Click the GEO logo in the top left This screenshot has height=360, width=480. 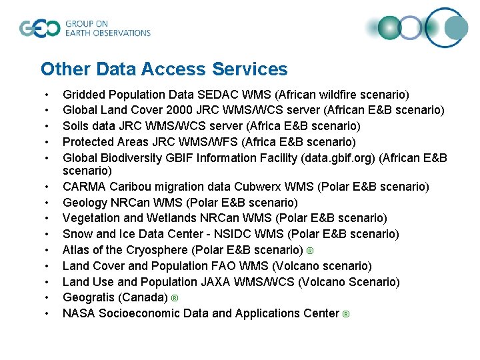41,28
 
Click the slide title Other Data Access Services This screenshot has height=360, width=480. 164,69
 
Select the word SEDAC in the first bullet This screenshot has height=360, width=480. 221,95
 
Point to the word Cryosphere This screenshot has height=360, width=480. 155,250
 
